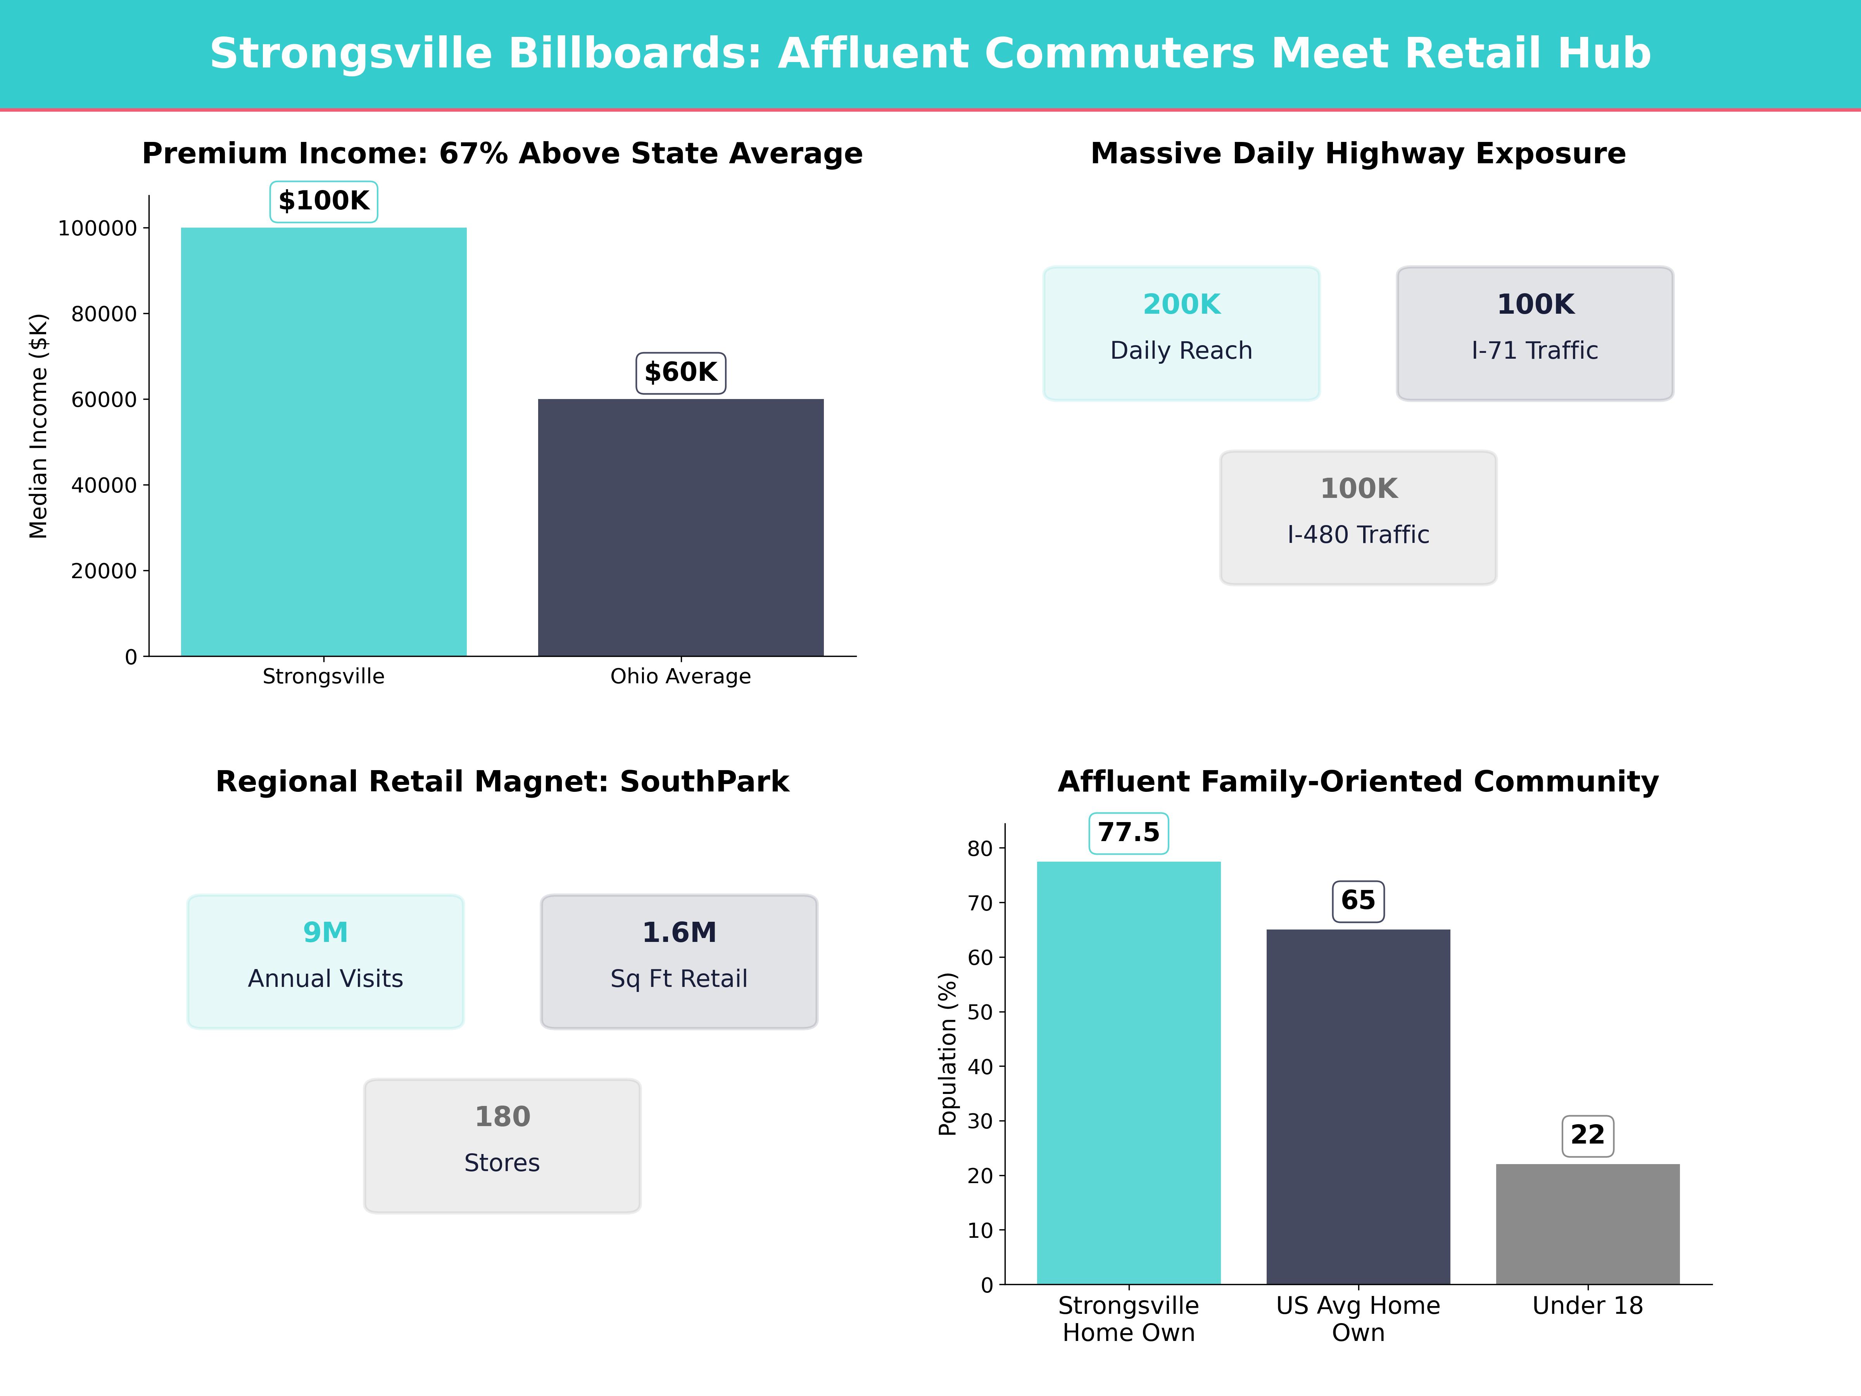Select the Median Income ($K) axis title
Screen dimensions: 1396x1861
[39, 426]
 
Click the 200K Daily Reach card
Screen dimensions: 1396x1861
[1181, 333]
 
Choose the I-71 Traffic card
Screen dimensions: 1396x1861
[1535, 333]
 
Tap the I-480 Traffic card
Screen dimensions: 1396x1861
[1358, 518]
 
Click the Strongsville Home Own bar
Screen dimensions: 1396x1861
[1128, 1073]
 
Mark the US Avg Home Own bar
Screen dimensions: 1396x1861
[1358, 1107]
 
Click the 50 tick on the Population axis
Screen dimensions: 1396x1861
[980, 1012]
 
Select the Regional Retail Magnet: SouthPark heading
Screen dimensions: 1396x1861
[502, 782]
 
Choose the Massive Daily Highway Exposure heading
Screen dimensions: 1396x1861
[1358, 154]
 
